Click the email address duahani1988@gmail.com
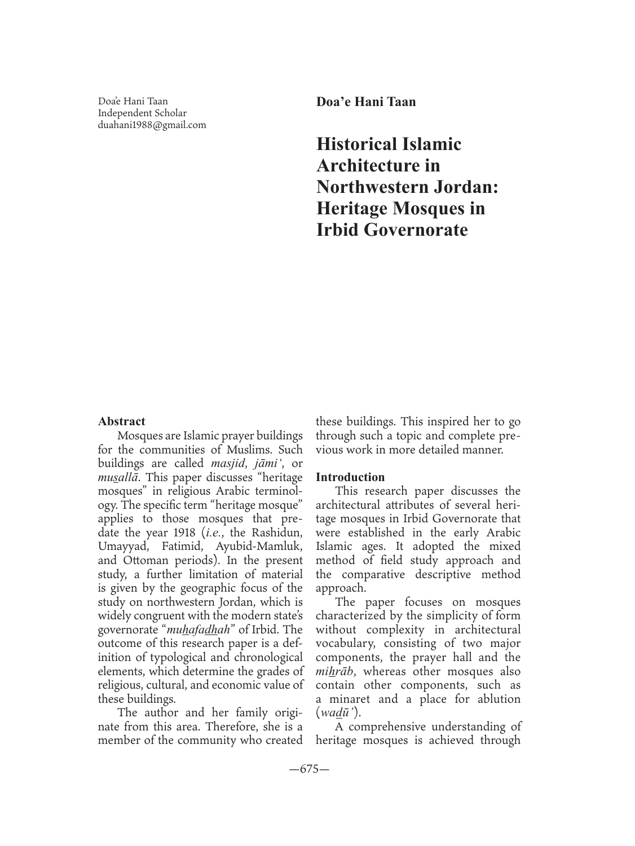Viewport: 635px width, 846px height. [x=152, y=125]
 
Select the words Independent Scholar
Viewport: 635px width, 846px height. [x=142, y=113]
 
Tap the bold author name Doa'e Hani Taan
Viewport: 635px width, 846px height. [x=366, y=102]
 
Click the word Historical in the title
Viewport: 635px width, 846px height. [x=356, y=144]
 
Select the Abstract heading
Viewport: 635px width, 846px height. [x=121, y=421]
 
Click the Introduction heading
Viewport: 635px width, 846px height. [x=350, y=477]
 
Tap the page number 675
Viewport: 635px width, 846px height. [x=309, y=769]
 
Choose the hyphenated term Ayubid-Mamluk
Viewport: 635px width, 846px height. [x=259, y=547]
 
